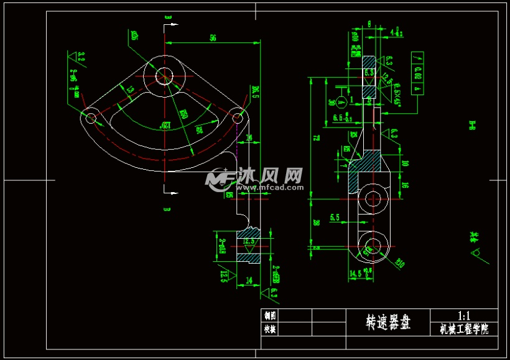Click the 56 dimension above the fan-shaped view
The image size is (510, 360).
point(213,38)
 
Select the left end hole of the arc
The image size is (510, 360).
point(91,117)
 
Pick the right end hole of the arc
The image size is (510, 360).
point(236,116)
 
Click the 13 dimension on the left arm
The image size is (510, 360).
point(130,91)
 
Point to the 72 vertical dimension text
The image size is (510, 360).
point(315,137)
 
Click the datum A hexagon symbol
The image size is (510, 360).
point(341,101)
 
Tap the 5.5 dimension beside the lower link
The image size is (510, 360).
point(335,217)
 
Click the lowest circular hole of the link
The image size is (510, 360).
point(373,246)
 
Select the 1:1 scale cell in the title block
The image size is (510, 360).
point(464,316)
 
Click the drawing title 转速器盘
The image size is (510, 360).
point(388,322)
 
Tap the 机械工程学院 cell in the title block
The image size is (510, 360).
point(464,329)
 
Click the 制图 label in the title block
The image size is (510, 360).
point(269,315)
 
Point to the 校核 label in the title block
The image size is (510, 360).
point(269,329)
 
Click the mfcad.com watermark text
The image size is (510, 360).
point(268,187)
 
